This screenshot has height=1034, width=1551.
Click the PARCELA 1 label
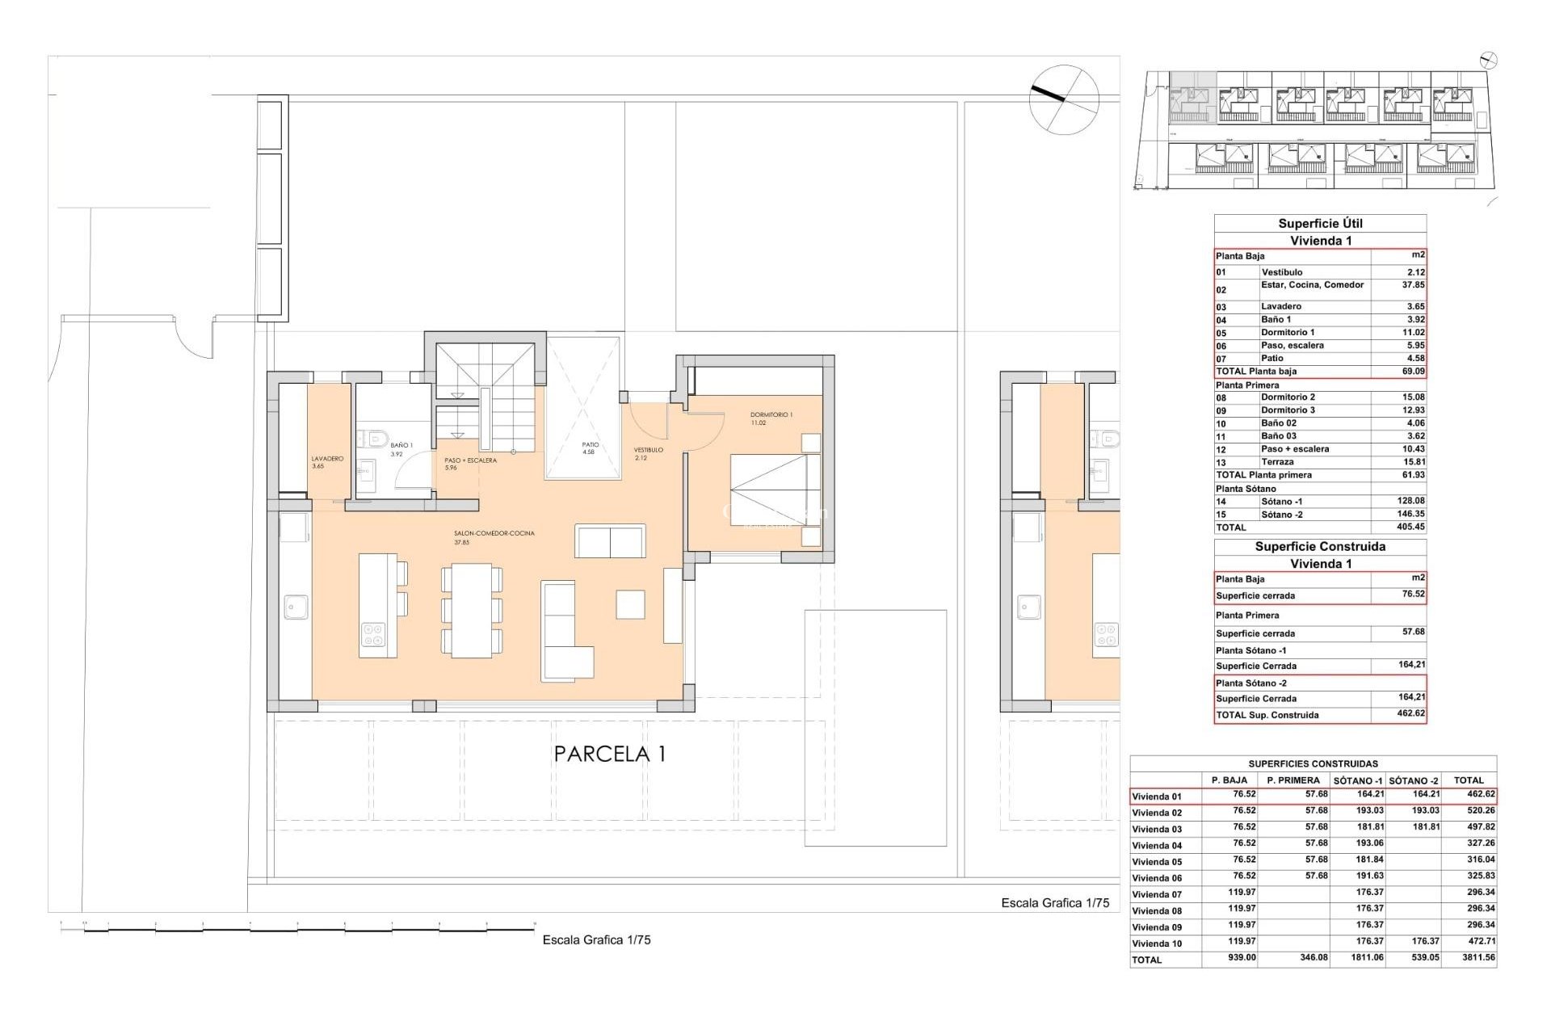(x=610, y=754)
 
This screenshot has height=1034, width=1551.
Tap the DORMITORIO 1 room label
(x=771, y=415)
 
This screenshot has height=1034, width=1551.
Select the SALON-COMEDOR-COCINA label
(x=494, y=534)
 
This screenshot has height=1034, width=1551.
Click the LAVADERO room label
(x=327, y=459)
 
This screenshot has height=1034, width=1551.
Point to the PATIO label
(x=591, y=445)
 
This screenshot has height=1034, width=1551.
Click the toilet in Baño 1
(x=374, y=439)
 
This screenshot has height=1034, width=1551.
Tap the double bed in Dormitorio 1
(x=775, y=490)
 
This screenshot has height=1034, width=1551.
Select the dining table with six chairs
(x=472, y=611)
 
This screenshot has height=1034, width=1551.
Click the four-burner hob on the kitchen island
(x=372, y=635)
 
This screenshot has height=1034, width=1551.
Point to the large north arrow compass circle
(x=1064, y=99)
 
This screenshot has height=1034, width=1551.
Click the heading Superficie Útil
(x=1320, y=224)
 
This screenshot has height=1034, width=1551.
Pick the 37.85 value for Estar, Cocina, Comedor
(x=1413, y=285)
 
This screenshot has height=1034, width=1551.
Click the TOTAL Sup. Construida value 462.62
(x=1410, y=714)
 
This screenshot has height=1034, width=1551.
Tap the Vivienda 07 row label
(x=1157, y=894)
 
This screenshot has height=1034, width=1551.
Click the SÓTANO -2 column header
(x=1414, y=780)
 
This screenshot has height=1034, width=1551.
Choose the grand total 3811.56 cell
(x=1477, y=958)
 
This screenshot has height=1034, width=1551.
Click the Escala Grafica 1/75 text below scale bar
(x=596, y=940)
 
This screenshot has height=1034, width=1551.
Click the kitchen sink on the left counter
(x=296, y=607)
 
